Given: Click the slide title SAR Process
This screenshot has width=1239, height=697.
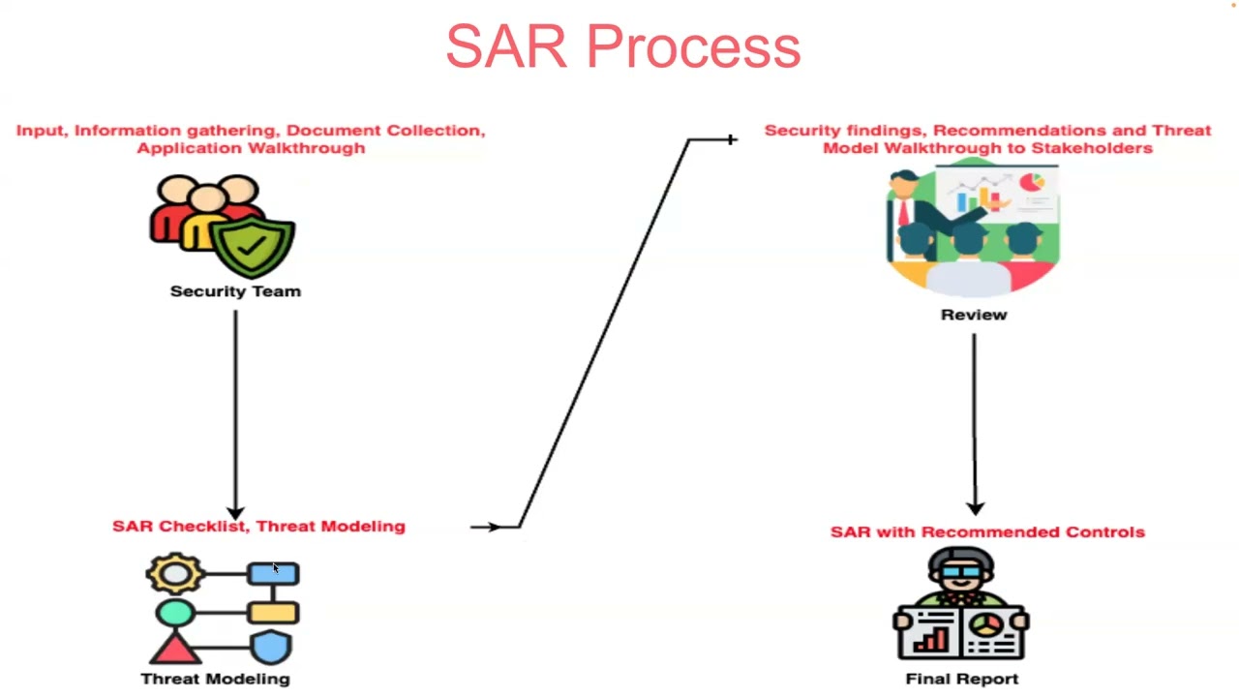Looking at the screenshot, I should [622, 46].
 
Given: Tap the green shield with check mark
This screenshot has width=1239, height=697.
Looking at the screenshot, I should [254, 244].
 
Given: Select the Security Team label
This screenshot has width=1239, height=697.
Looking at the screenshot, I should [235, 291].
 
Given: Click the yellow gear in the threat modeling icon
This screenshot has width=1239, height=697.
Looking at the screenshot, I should [175, 574].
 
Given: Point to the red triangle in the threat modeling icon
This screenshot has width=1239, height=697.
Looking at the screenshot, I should [175, 647].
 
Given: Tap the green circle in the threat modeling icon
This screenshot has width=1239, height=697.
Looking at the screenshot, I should [175, 612].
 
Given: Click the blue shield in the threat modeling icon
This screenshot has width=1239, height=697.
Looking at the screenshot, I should [272, 647].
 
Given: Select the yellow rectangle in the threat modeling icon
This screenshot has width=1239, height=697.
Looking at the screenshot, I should [273, 612].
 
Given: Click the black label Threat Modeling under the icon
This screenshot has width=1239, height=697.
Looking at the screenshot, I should [215, 679].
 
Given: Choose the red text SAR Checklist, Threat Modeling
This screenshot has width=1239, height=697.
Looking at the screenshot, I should [258, 526].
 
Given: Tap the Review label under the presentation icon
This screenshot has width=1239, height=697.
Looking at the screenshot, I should [974, 315].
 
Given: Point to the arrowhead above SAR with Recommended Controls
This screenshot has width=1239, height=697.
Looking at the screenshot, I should [974, 506].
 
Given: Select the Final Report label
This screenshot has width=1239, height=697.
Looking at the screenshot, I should [961, 679].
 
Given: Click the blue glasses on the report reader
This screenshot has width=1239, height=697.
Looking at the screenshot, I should [960, 573].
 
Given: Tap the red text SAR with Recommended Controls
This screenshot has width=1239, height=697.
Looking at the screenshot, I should [987, 531].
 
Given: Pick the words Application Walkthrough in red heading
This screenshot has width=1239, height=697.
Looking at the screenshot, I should [251, 148].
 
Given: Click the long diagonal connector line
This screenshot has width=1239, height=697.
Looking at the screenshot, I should [604, 333].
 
